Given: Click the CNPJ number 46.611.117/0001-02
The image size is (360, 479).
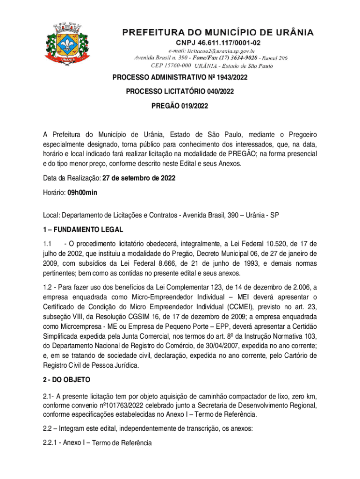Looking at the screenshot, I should [218, 43].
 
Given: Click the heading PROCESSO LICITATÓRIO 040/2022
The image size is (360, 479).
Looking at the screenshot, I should [180, 92].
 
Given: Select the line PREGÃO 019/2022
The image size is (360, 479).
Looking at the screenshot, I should [180, 106].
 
